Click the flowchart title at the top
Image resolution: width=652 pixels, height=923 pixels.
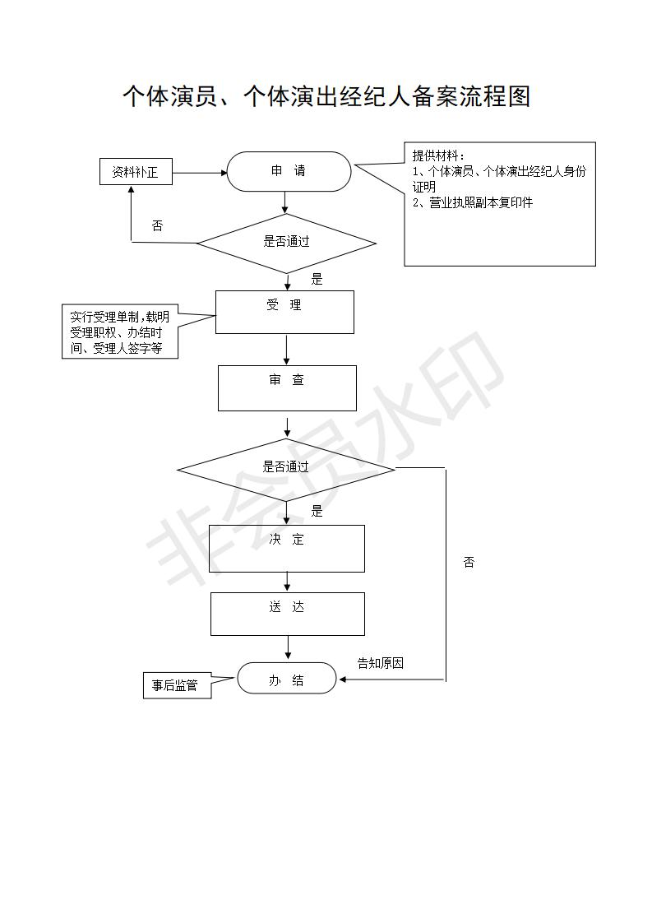coord(326,96)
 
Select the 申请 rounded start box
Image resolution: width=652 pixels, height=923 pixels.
coord(289,171)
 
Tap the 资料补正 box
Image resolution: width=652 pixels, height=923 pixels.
coord(136,173)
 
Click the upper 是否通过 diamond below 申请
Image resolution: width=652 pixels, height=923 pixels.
coord(286,242)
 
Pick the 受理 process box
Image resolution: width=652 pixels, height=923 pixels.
coord(284,311)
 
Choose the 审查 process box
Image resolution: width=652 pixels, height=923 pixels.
coord(287,387)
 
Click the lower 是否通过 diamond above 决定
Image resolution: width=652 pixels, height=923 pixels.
coord(286,467)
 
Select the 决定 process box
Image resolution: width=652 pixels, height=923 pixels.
coord(286,548)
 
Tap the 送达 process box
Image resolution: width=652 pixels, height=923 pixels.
coord(287,614)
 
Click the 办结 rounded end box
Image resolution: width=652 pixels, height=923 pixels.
coord(287,679)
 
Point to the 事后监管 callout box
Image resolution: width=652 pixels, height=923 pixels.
coord(175,685)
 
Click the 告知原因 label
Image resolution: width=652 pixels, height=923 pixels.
coord(380,663)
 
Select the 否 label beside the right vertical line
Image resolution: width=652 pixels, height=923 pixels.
coord(469,563)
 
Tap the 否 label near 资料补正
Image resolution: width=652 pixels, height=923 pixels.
coord(157,225)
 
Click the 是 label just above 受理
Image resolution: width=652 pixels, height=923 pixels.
coord(317,279)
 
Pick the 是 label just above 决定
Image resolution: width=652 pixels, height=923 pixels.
coord(317,511)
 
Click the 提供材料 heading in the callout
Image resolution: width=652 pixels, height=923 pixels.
coord(438,156)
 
